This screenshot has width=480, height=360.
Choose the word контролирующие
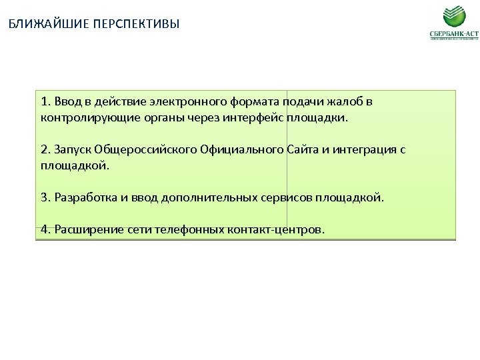click(82, 117)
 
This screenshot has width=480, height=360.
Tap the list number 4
click(45, 229)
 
